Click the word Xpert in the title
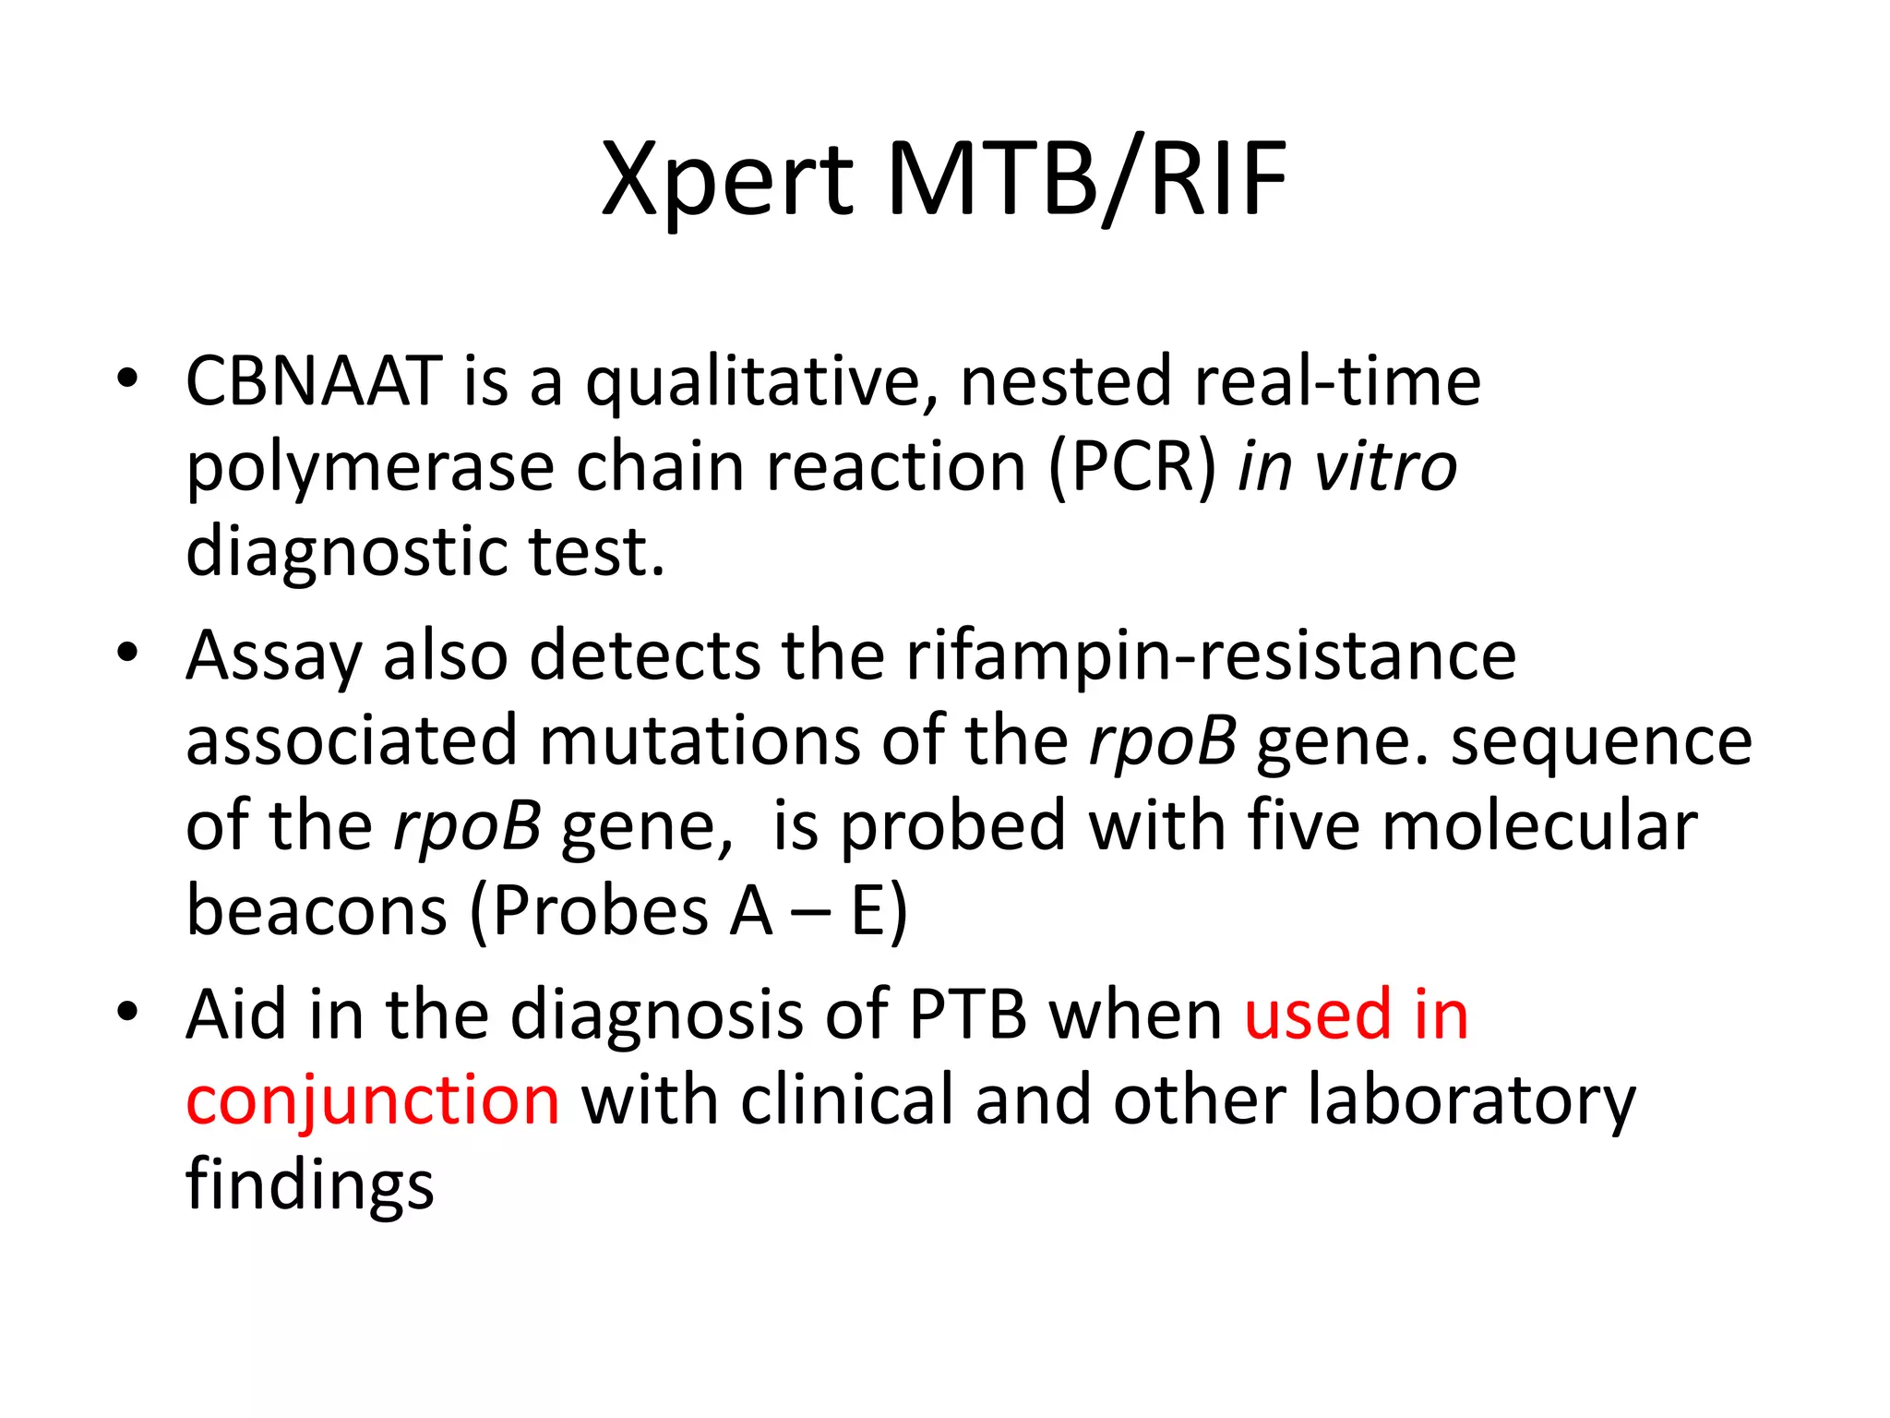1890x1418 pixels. click(727, 180)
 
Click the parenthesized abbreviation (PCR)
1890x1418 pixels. click(1133, 467)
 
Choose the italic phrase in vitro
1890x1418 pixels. click(1346, 467)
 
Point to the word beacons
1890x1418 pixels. click(317, 911)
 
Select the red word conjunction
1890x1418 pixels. click(373, 1101)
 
